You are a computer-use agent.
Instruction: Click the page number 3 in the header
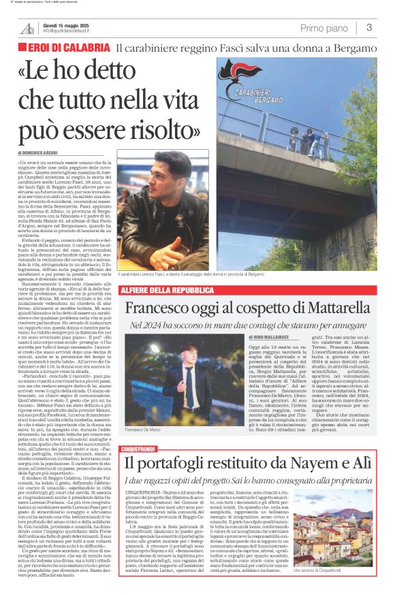pos(368,28)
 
